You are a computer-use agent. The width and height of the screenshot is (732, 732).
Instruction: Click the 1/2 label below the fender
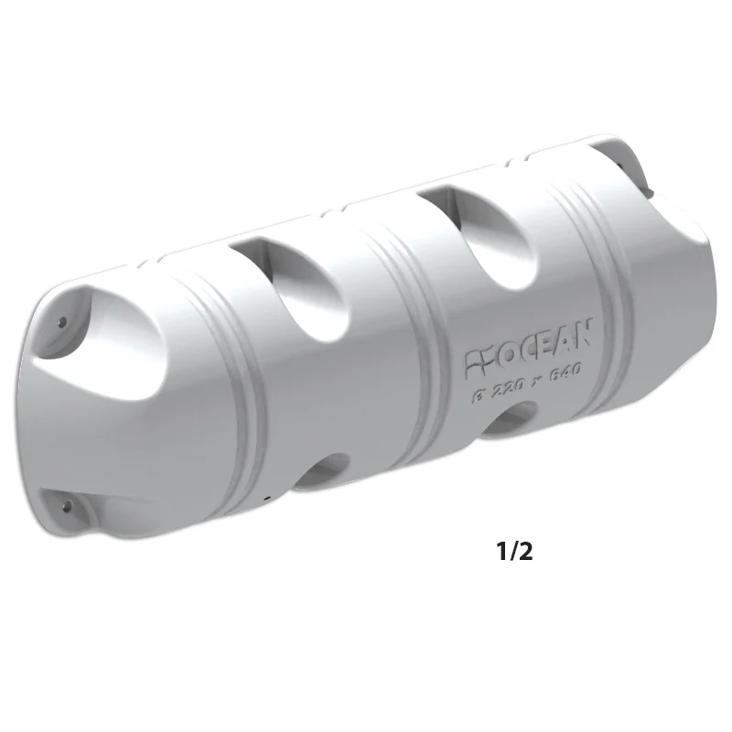click(x=514, y=552)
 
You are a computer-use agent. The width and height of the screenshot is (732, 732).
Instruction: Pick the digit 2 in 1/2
click(x=525, y=552)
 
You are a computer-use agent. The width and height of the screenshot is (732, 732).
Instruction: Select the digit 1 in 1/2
click(x=501, y=552)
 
